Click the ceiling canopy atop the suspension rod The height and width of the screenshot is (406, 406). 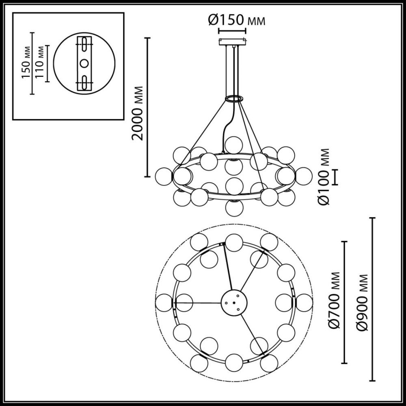(x=232, y=41)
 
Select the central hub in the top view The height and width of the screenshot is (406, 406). (x=233, y=302)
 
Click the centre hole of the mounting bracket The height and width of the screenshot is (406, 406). (x=85, y=63)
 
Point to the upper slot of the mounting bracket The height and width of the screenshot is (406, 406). (x=85, y=44)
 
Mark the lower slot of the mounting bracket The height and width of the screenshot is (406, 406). (x=85, y=82)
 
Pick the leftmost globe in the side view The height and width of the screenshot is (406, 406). (x=164, y=176)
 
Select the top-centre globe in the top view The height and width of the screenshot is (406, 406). (x=233, y=242)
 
